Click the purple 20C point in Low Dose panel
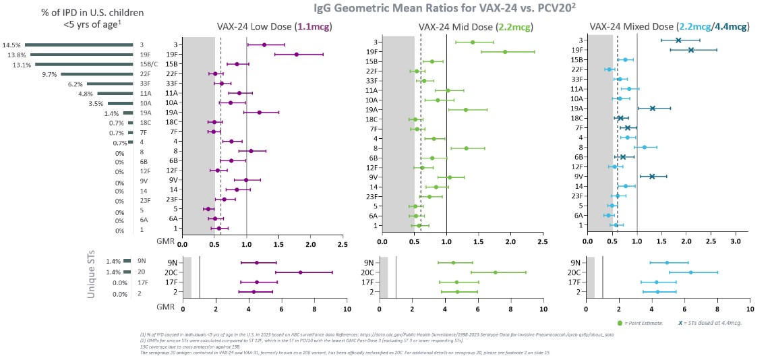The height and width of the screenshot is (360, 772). tap(300, 272)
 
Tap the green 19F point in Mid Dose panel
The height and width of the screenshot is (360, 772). tap(505, 51)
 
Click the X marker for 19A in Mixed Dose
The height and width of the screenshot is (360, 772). tap(652, 109)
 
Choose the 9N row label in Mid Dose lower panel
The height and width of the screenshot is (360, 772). tap(368, 263)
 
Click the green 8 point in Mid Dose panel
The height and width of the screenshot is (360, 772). tap(466, 148)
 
